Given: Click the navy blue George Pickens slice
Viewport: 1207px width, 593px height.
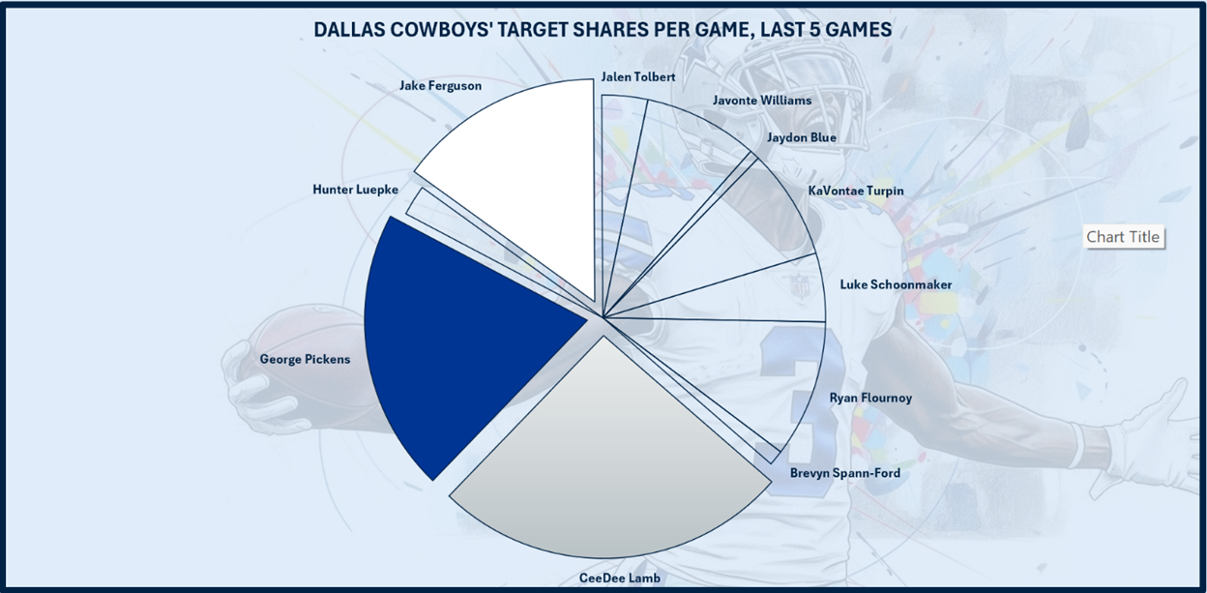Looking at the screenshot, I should click(x=455, y=348).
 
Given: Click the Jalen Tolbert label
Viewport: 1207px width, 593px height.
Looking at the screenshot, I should click(x=637, y=76).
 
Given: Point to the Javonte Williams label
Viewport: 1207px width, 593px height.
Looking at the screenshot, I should click(x=761, y=100).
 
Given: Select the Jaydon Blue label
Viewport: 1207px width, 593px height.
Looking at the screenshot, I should click(x=801, y=137).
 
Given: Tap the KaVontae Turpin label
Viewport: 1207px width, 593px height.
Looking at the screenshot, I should click(x=855, y=191).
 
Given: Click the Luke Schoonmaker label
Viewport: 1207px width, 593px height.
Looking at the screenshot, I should click(x=896, y=284).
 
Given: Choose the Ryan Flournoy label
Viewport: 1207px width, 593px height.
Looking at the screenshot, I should click(x=870, y=398).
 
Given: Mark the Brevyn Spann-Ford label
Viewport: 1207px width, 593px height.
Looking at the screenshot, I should click(x=844, y=473).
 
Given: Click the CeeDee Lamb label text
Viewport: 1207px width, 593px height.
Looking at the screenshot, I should click(x=619, y=578).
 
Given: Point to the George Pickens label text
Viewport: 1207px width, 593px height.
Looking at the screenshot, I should click(x=305, y=359).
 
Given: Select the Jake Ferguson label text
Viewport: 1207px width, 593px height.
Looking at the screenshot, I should click(x=440, y=86).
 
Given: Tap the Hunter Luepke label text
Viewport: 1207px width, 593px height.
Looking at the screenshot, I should click(x=355, y=189).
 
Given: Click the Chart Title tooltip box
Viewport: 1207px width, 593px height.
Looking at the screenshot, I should click(x=1122, y=237).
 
